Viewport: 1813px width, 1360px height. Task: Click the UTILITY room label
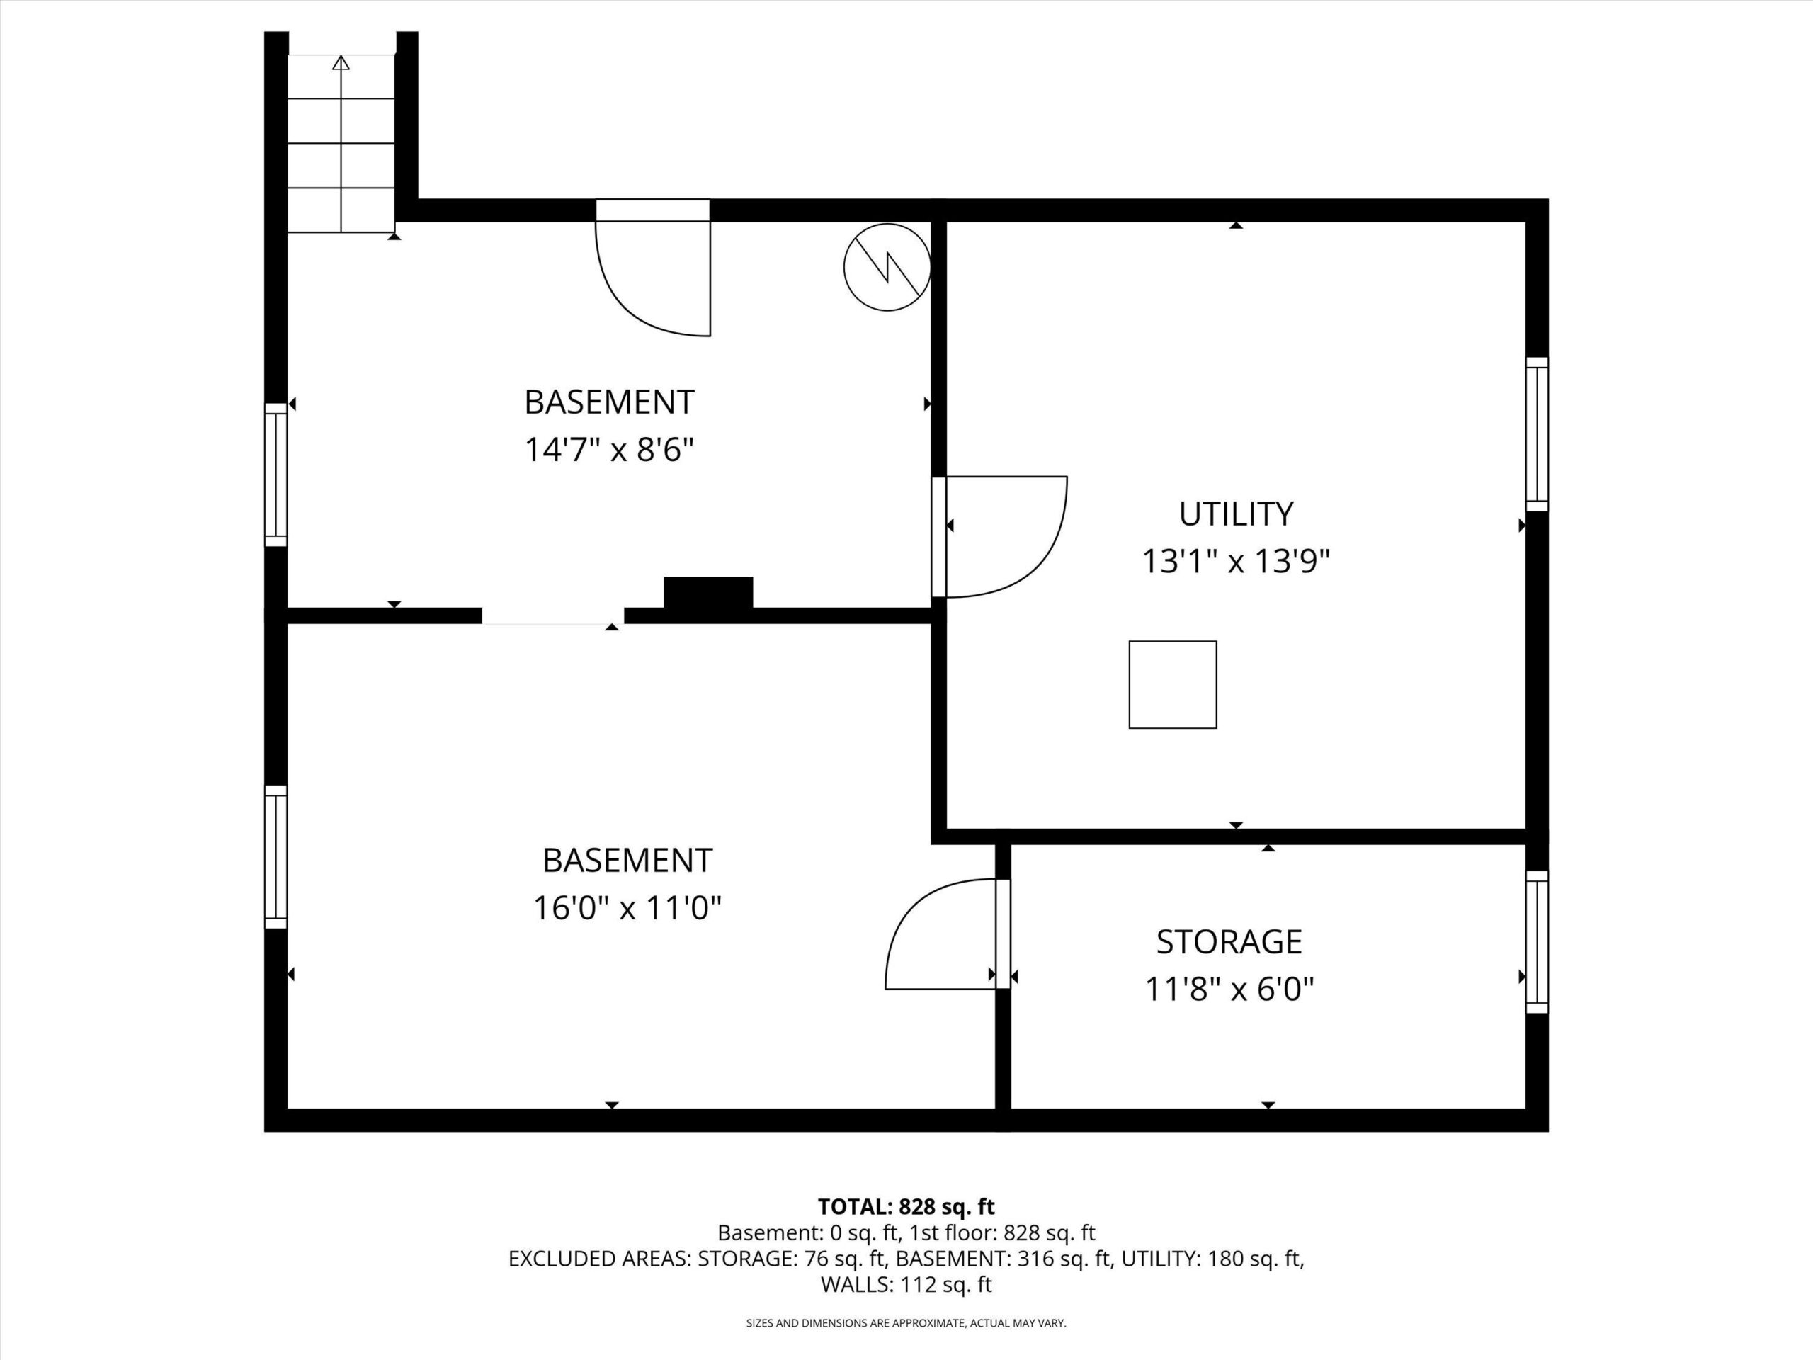[1236, 514]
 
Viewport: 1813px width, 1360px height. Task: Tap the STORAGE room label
[1229, 942]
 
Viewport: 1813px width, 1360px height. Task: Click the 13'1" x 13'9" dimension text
[1236, 562]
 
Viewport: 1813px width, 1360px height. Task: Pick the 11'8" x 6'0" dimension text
[1229, 990]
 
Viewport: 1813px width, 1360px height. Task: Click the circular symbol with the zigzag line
[887, 267]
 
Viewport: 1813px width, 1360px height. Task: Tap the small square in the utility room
[1173, 684]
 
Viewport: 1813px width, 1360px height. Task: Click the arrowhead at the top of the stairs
[341, 62]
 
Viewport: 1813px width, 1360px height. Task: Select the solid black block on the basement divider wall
[708, 593]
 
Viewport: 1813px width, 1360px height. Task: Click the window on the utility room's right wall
[1537, 434]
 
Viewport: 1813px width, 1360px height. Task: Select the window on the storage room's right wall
[1537, 942]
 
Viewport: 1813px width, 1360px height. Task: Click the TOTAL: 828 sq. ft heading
[906, 1207]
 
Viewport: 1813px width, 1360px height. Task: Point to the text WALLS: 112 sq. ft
[906, 1285]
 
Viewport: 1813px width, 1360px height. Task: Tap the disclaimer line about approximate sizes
[906, 1323]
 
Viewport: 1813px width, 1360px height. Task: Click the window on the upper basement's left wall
[276, 475]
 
